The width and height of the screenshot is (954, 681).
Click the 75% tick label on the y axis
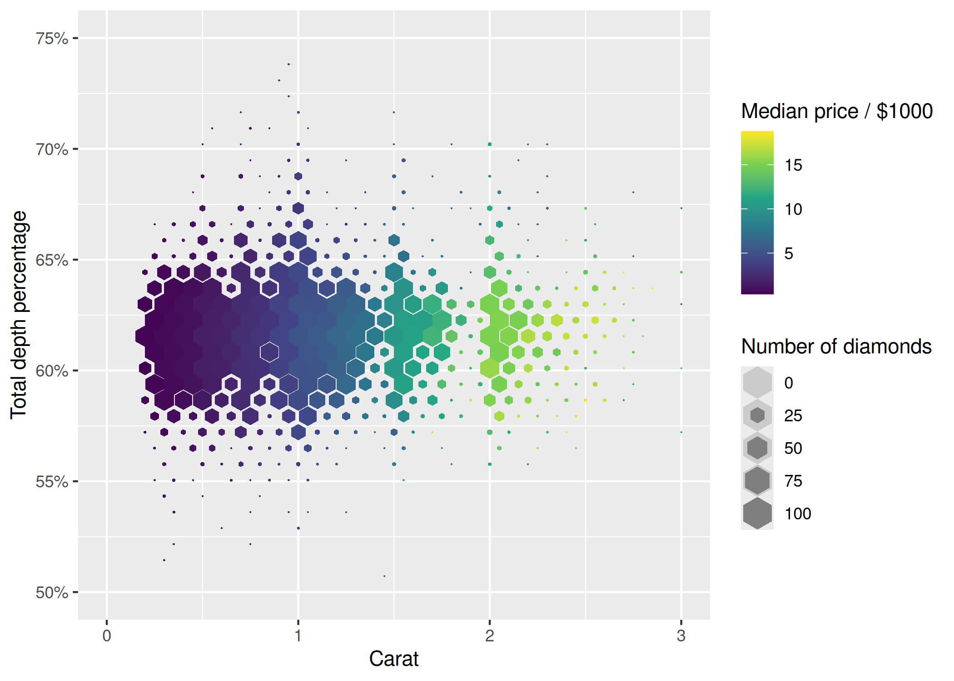tap(52, 39)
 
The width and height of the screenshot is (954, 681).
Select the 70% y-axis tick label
tap(52, 149)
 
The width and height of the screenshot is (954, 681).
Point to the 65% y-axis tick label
tap(52, 260)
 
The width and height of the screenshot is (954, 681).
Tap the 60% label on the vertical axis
tap(52, 371)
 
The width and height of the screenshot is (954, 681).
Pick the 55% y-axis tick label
tap(52, 482)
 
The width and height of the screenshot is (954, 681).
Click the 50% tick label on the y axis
tap(52, 592)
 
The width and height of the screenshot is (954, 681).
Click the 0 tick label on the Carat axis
tap(107, 636)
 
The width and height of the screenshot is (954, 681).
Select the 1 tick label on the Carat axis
tap(298, 636)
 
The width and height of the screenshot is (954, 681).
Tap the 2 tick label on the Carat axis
tap(489, 636)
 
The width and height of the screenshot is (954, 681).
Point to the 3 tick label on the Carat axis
tap(681, 636)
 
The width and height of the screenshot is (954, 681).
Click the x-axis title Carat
tap(393, 659)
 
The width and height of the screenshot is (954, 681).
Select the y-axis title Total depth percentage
tap(19, 315)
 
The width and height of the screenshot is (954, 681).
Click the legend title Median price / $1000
tap(837, 111)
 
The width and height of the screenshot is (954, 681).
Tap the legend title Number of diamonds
tap(836, 346)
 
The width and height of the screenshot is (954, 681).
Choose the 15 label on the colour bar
tap(793, 165)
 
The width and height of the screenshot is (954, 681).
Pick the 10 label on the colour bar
tap(793, 209)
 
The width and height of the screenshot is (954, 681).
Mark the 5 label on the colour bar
tap(789, 253)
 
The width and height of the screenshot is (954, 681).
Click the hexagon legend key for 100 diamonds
tap(757, 513)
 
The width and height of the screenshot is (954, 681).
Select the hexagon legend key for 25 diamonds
tap(757, 415)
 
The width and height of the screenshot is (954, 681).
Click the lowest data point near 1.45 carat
tap(384, 576)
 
